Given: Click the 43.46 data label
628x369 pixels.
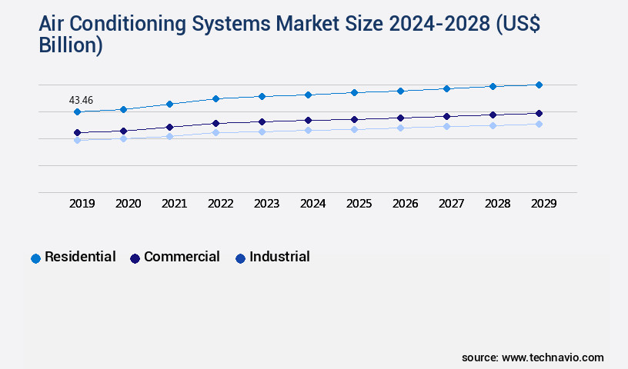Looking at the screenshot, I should point(81,100).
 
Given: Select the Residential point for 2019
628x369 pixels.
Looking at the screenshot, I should point(77,112).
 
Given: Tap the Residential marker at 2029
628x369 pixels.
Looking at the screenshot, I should point(539,85).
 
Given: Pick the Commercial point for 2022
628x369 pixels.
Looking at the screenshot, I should point(215,123).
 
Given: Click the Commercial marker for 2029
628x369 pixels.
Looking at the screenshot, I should point(539,113).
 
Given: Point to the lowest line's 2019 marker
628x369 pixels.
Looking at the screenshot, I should point(77,141).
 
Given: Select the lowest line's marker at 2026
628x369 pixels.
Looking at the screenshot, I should point(400,128).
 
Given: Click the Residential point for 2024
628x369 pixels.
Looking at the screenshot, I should point(308,95).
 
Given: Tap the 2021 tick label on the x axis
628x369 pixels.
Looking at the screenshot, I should point(174,204).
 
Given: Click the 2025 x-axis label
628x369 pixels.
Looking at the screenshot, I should point(359,204).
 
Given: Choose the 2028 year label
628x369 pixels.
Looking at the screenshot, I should point(497,204).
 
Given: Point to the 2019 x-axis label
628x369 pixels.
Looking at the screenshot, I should point(82,204).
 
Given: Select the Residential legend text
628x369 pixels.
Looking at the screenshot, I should point(80,257).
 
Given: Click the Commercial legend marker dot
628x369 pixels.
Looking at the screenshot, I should point(135,258).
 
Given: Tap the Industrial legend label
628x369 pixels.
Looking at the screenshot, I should point(279,257).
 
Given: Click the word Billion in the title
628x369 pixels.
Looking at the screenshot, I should point(70,45).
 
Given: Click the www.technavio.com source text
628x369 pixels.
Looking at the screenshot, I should point(553,357).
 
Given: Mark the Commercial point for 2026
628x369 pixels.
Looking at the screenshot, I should point(400,118).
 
